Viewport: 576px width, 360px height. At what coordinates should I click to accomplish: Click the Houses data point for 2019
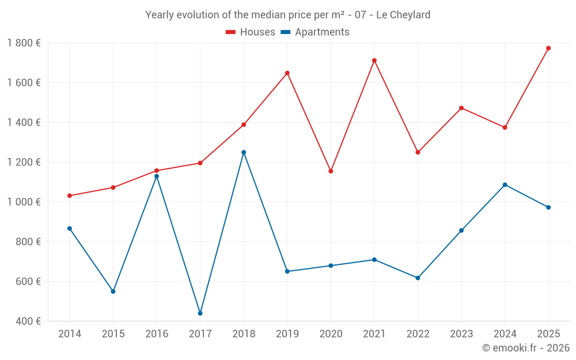[287, 73]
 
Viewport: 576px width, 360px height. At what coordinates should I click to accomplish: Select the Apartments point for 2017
[200, 313]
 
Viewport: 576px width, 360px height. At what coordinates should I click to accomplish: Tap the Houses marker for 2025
[548, 48]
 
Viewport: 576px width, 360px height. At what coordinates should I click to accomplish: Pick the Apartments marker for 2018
[244, 152]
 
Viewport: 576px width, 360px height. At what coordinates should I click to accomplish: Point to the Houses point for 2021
[374, 60]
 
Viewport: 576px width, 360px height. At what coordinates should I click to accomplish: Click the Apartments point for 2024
[505, 185]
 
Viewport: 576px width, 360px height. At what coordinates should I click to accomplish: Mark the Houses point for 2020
[331, 171]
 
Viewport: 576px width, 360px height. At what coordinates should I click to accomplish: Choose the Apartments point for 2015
[113, 291]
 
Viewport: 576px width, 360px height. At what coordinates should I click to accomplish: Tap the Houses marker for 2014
[70, 196]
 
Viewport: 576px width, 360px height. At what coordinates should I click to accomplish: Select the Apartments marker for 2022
[418, 278]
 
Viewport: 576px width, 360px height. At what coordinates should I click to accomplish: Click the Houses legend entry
[251, 32]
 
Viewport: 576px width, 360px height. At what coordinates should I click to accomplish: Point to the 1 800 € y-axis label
[24, 43]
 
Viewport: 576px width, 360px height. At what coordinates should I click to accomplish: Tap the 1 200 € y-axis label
[24, 162]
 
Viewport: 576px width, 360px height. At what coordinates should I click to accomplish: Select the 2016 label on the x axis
[157, 334]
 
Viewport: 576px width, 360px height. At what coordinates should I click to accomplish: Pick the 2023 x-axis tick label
[461, 334]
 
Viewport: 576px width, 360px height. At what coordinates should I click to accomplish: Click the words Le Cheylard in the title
[403, 15]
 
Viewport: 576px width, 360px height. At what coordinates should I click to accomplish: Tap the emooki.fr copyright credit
[526, 348]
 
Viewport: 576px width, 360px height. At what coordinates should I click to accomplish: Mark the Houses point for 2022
[418, 152]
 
